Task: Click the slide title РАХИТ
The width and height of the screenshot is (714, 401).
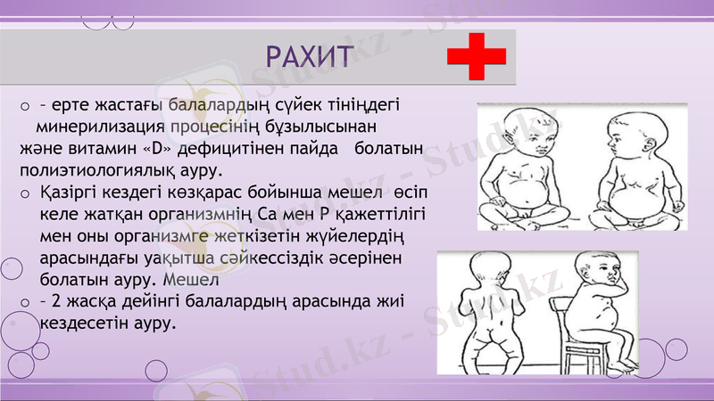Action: (x=307, y=55)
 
